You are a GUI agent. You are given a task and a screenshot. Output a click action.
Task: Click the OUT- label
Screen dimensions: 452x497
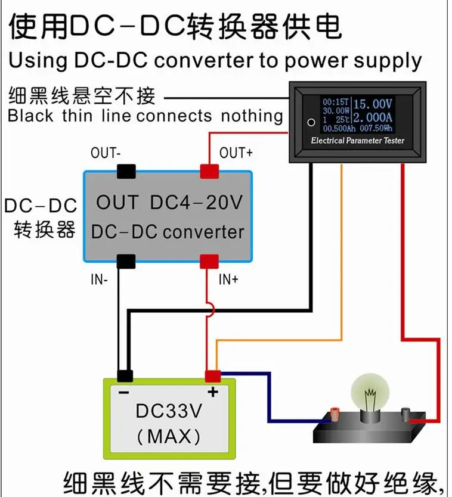click(x=106, y=153)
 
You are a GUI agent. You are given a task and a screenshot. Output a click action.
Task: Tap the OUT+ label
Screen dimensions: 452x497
click(x=236, y=153)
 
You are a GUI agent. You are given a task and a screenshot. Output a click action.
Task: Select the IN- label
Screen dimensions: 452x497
click(x=99, y=279)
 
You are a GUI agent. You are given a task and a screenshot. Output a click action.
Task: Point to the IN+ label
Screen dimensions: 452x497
click(x=228, y=279)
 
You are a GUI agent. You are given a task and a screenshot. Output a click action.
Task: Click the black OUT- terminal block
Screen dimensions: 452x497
click(x=126, y=172)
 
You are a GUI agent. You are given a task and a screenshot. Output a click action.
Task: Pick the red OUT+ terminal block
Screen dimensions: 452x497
click(x=209, y=172)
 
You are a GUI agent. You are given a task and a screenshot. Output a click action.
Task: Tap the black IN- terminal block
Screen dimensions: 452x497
click(x=126, y=262)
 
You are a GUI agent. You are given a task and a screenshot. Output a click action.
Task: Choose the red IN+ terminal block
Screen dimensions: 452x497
click(x=209, y=262)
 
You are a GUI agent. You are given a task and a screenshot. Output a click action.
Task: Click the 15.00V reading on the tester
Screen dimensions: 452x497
click(x=373, y=104)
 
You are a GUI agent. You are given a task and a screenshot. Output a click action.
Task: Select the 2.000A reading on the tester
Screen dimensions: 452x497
click(x=373, y=117)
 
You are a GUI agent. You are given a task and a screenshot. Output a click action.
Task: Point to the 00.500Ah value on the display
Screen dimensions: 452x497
click(x=339, y=128)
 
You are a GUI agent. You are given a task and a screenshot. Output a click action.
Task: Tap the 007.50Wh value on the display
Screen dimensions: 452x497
click(x=376, y=128)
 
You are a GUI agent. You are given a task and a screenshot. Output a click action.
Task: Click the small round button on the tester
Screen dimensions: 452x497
click(x=311, y=122)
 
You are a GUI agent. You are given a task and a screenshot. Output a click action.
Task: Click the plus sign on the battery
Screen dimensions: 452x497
click(x=213, y=392)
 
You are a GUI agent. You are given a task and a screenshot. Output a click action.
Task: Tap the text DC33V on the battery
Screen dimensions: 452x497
click(x=169, y=411)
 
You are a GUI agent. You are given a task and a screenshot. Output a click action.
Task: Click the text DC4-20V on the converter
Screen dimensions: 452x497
click(x=196, y=202)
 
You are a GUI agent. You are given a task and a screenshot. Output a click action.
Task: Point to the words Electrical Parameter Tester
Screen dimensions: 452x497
click(x=357, y=141)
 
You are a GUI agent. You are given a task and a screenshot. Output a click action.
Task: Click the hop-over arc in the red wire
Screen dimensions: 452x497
click(x=211, y=310)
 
